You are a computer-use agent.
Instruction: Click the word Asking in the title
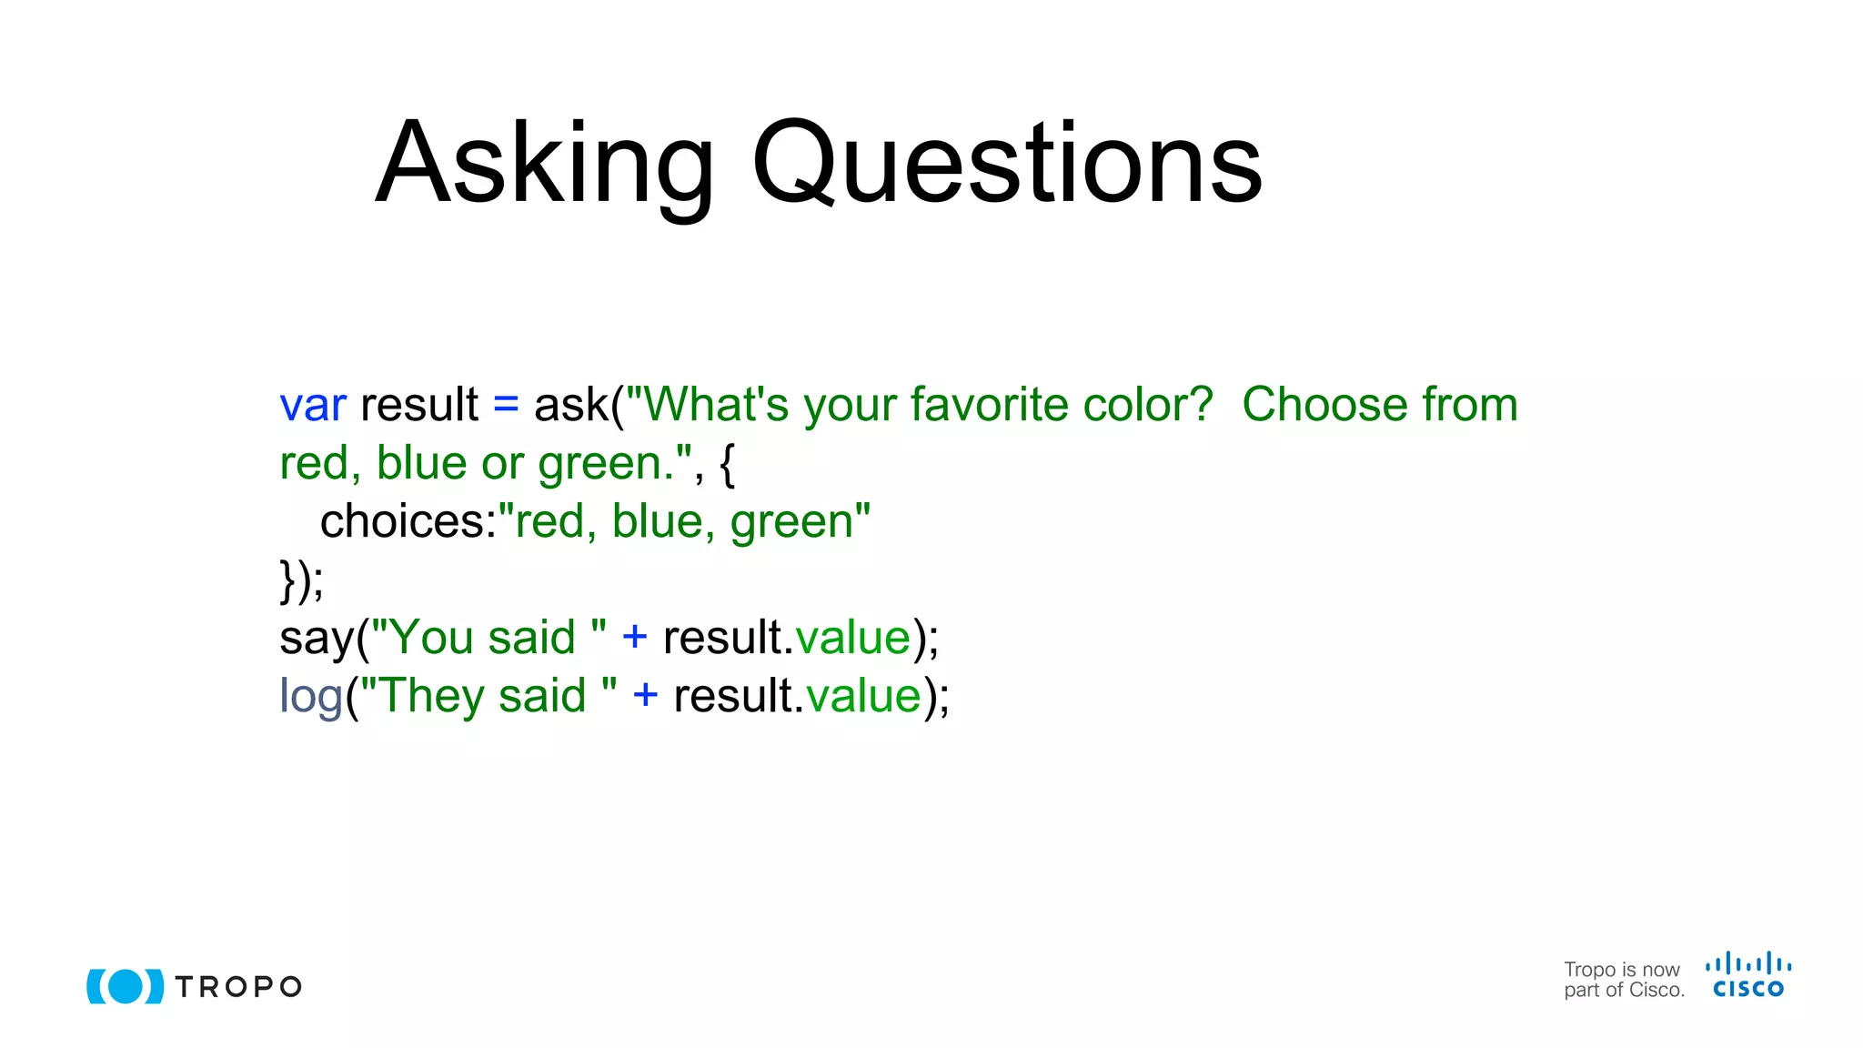(544, 164)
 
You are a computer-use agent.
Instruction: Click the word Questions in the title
(1007, 164)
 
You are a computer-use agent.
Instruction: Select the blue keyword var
(313, 405)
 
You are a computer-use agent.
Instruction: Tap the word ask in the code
(570, 405)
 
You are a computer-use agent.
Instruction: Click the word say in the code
(316, 638)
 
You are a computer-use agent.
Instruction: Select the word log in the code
(310, 696)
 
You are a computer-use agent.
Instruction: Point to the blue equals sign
(506, 405)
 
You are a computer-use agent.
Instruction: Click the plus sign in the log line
(645, 696)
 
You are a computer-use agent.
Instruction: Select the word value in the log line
(863, 696)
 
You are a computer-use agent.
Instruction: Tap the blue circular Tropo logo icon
(126, 986)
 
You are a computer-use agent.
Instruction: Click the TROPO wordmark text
(238, 987)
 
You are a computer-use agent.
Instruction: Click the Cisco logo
(1747, 975)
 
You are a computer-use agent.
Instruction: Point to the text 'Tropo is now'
(1621, 969)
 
